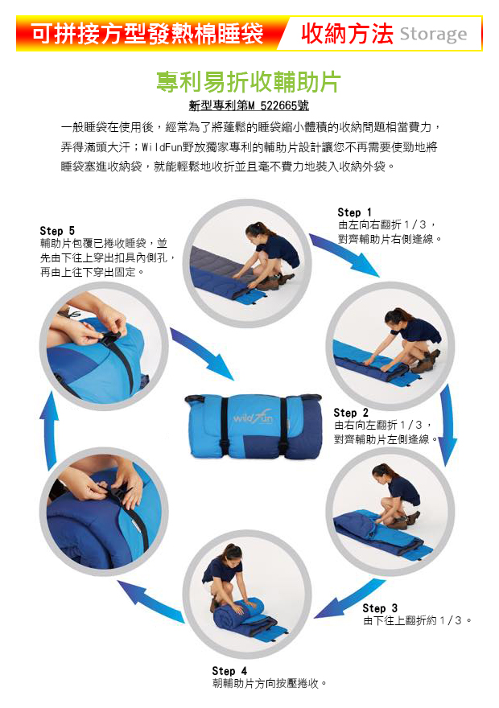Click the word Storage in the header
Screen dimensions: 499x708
[x=433, y=34]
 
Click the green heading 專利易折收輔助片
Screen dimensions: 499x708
[x=249, y=82]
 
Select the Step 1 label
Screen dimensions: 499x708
[x=354, y=212]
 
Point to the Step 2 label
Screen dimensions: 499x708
[x=351, y=413]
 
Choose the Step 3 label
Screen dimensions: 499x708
[x=380, y=608]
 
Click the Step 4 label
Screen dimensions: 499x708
[x=229, y=671]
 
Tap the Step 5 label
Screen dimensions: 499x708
[x=57, y=231]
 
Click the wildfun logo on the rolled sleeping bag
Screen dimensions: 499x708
[x=253, y=418]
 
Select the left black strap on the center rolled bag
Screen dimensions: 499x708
[x=225, y=426]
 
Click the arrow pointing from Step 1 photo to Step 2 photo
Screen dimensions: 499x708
[x=344, y=254]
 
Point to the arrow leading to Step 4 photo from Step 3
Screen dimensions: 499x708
[x=350, y=599]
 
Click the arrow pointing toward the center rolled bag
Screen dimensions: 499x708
[x=202, y=353]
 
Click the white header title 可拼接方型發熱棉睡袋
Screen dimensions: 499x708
[x=147, y=34]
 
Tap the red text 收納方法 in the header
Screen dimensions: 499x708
[x=347, y=34]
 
